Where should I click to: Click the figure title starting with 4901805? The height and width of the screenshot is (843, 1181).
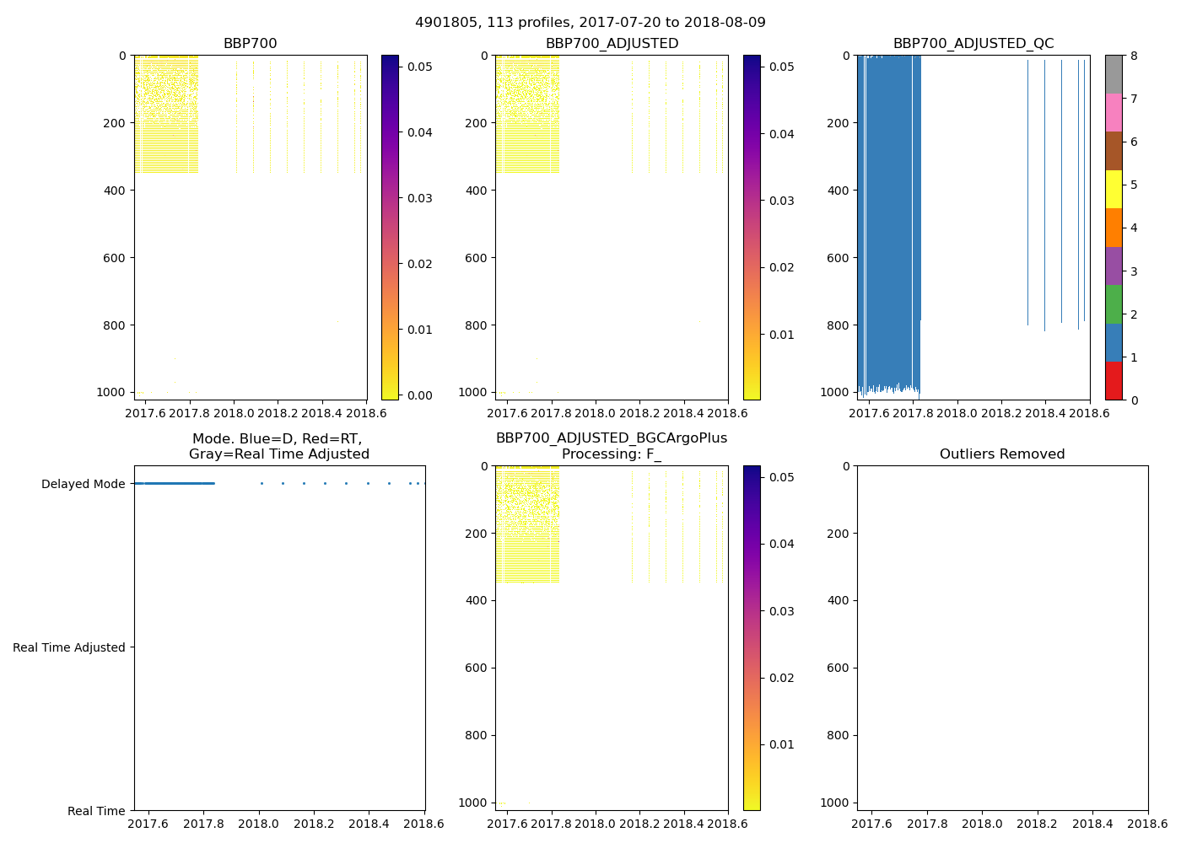(590, 23)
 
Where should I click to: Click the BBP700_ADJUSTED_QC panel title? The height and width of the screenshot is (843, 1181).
(973, 44)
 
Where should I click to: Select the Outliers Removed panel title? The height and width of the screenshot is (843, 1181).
(1002, 454)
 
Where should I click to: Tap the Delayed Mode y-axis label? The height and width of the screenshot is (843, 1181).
(83, 484)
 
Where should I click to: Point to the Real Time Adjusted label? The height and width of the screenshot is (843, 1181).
(69, 647)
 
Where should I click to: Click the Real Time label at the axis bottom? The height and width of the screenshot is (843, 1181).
(96, 811)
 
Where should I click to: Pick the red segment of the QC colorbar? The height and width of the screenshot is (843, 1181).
(1114, 381)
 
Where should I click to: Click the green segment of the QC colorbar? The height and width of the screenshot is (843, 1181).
(1114, 304)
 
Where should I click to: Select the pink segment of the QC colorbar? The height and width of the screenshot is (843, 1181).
(1114, 112)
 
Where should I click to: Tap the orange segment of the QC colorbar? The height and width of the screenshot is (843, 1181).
(1114, 228)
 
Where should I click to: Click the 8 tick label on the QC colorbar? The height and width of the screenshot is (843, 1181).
(1134, 56)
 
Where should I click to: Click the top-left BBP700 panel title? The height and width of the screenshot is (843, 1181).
(250, 44)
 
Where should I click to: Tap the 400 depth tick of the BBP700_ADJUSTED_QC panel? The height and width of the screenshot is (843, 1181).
(835, 191)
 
